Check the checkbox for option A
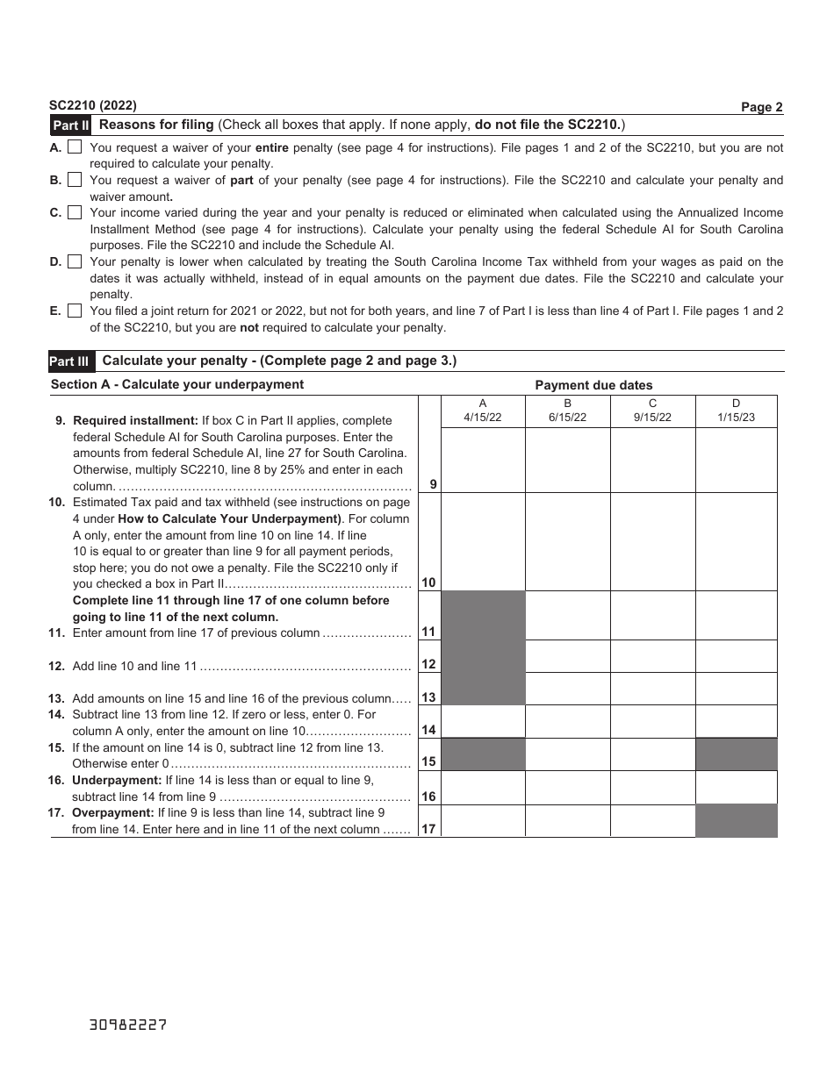pos(75,147)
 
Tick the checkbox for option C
pos(75,212)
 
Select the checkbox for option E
pos(75,311)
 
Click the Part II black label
pos(70,125)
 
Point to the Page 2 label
pos(761,107)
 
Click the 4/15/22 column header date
pos(483,418)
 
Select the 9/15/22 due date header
pos(652,418)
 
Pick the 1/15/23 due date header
pos(736,418)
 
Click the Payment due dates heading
pos(593,385)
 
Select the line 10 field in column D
pos(736,541)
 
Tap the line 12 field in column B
pos(567,656)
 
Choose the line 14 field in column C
pos(652,721)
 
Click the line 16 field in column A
pos(483,788)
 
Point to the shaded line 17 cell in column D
pos(736,821)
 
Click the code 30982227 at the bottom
pos(127,1025)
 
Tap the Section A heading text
pos(177,384)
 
